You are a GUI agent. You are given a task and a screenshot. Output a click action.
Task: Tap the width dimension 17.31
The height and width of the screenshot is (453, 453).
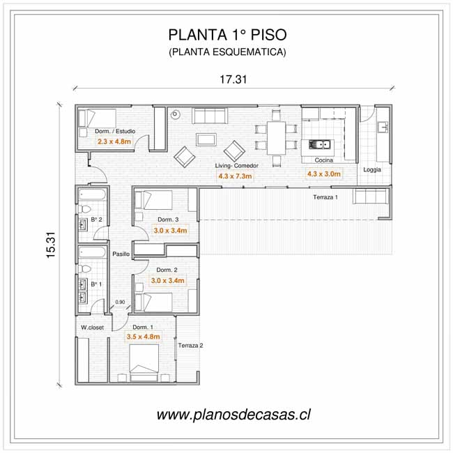[233, 79]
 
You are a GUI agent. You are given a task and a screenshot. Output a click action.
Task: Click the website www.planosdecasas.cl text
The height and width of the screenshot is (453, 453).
[233, 415]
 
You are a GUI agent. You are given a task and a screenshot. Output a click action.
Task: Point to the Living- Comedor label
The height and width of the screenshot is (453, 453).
[237, 166]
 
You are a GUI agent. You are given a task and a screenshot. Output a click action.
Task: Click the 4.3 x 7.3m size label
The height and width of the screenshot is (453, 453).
[235, 176]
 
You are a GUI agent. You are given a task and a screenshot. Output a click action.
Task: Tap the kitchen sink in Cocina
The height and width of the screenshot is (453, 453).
[321, 145]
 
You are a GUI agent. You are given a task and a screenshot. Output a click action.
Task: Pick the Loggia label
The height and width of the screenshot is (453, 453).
[372, 170]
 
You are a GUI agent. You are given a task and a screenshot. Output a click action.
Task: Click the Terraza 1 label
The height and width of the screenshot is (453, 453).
[325, 198]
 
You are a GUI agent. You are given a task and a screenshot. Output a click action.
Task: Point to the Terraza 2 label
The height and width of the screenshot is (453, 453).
[190, 346]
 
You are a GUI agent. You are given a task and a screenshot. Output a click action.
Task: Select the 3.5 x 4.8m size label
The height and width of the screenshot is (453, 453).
[143, 337]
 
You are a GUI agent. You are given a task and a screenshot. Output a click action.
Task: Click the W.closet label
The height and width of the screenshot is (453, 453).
[92, 327]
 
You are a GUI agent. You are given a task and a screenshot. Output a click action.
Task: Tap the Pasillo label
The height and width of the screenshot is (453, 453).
[122, 254]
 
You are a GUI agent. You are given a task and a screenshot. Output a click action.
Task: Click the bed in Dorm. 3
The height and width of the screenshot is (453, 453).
[153, 200]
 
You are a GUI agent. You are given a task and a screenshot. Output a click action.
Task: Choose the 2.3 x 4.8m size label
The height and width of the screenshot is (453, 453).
[114, 141]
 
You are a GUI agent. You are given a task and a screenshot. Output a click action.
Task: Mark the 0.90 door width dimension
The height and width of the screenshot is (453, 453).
[120, 302]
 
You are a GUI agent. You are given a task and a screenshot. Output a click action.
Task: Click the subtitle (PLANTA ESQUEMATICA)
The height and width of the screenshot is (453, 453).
[227, 52]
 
